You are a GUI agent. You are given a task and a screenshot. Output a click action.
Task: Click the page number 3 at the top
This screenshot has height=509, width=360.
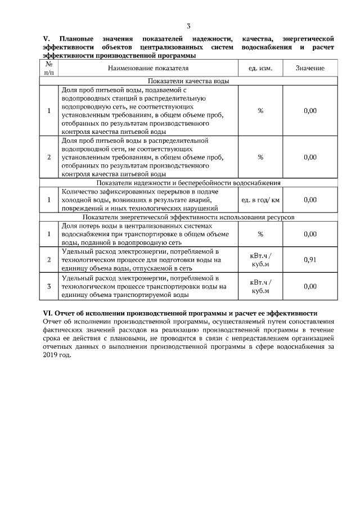coord(188,26)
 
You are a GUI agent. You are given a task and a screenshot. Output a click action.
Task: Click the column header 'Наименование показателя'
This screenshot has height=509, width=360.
coord(148,68)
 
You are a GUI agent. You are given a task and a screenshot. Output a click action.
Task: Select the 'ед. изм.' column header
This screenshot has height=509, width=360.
coord(260,68)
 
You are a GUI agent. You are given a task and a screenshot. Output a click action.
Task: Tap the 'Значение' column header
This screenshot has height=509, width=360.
coord(310,68)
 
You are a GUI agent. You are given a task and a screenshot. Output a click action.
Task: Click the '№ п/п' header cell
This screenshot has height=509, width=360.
coord(49,68)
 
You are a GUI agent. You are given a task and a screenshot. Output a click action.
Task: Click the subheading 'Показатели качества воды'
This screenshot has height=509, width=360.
coord(188,81)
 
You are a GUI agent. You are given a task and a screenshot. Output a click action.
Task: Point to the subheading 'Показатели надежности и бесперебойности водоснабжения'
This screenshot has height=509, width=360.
coord(188,183)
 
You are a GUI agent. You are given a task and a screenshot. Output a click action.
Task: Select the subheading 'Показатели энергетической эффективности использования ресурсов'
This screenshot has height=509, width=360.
coord(188,217)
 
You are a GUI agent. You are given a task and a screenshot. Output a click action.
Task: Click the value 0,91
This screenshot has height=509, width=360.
coord(310,259)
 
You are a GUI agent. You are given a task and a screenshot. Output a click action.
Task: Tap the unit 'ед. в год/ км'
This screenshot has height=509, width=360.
coord(260,200)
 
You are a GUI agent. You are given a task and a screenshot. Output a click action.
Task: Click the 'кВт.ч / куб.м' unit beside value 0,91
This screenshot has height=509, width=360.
coord(260,259)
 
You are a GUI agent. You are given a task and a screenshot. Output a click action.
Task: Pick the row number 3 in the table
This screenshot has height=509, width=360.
coord(49,287)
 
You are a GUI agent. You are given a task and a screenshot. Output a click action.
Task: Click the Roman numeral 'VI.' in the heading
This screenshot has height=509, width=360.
coord(48,313)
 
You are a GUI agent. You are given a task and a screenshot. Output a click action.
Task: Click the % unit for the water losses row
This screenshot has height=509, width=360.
coord(260,233)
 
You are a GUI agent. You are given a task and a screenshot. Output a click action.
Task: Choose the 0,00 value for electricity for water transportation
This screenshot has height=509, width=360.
coord(310,287)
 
